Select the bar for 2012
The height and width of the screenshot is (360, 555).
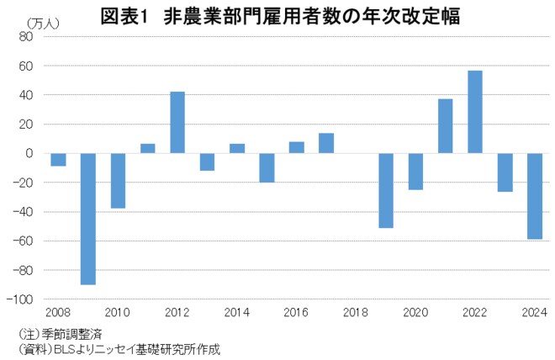177,122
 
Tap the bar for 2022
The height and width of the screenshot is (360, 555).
475,112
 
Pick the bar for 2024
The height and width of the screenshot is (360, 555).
535,196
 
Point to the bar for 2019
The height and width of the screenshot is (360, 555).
386,190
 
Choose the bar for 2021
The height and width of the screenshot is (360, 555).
446,126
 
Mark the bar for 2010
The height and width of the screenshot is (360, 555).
118,180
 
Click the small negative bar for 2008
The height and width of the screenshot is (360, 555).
58,159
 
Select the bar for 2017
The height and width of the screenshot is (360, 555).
326,143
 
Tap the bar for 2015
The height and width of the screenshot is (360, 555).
267,167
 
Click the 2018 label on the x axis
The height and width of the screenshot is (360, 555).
356,313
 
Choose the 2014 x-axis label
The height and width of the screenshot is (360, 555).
237,313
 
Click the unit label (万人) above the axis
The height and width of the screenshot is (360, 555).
42,23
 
